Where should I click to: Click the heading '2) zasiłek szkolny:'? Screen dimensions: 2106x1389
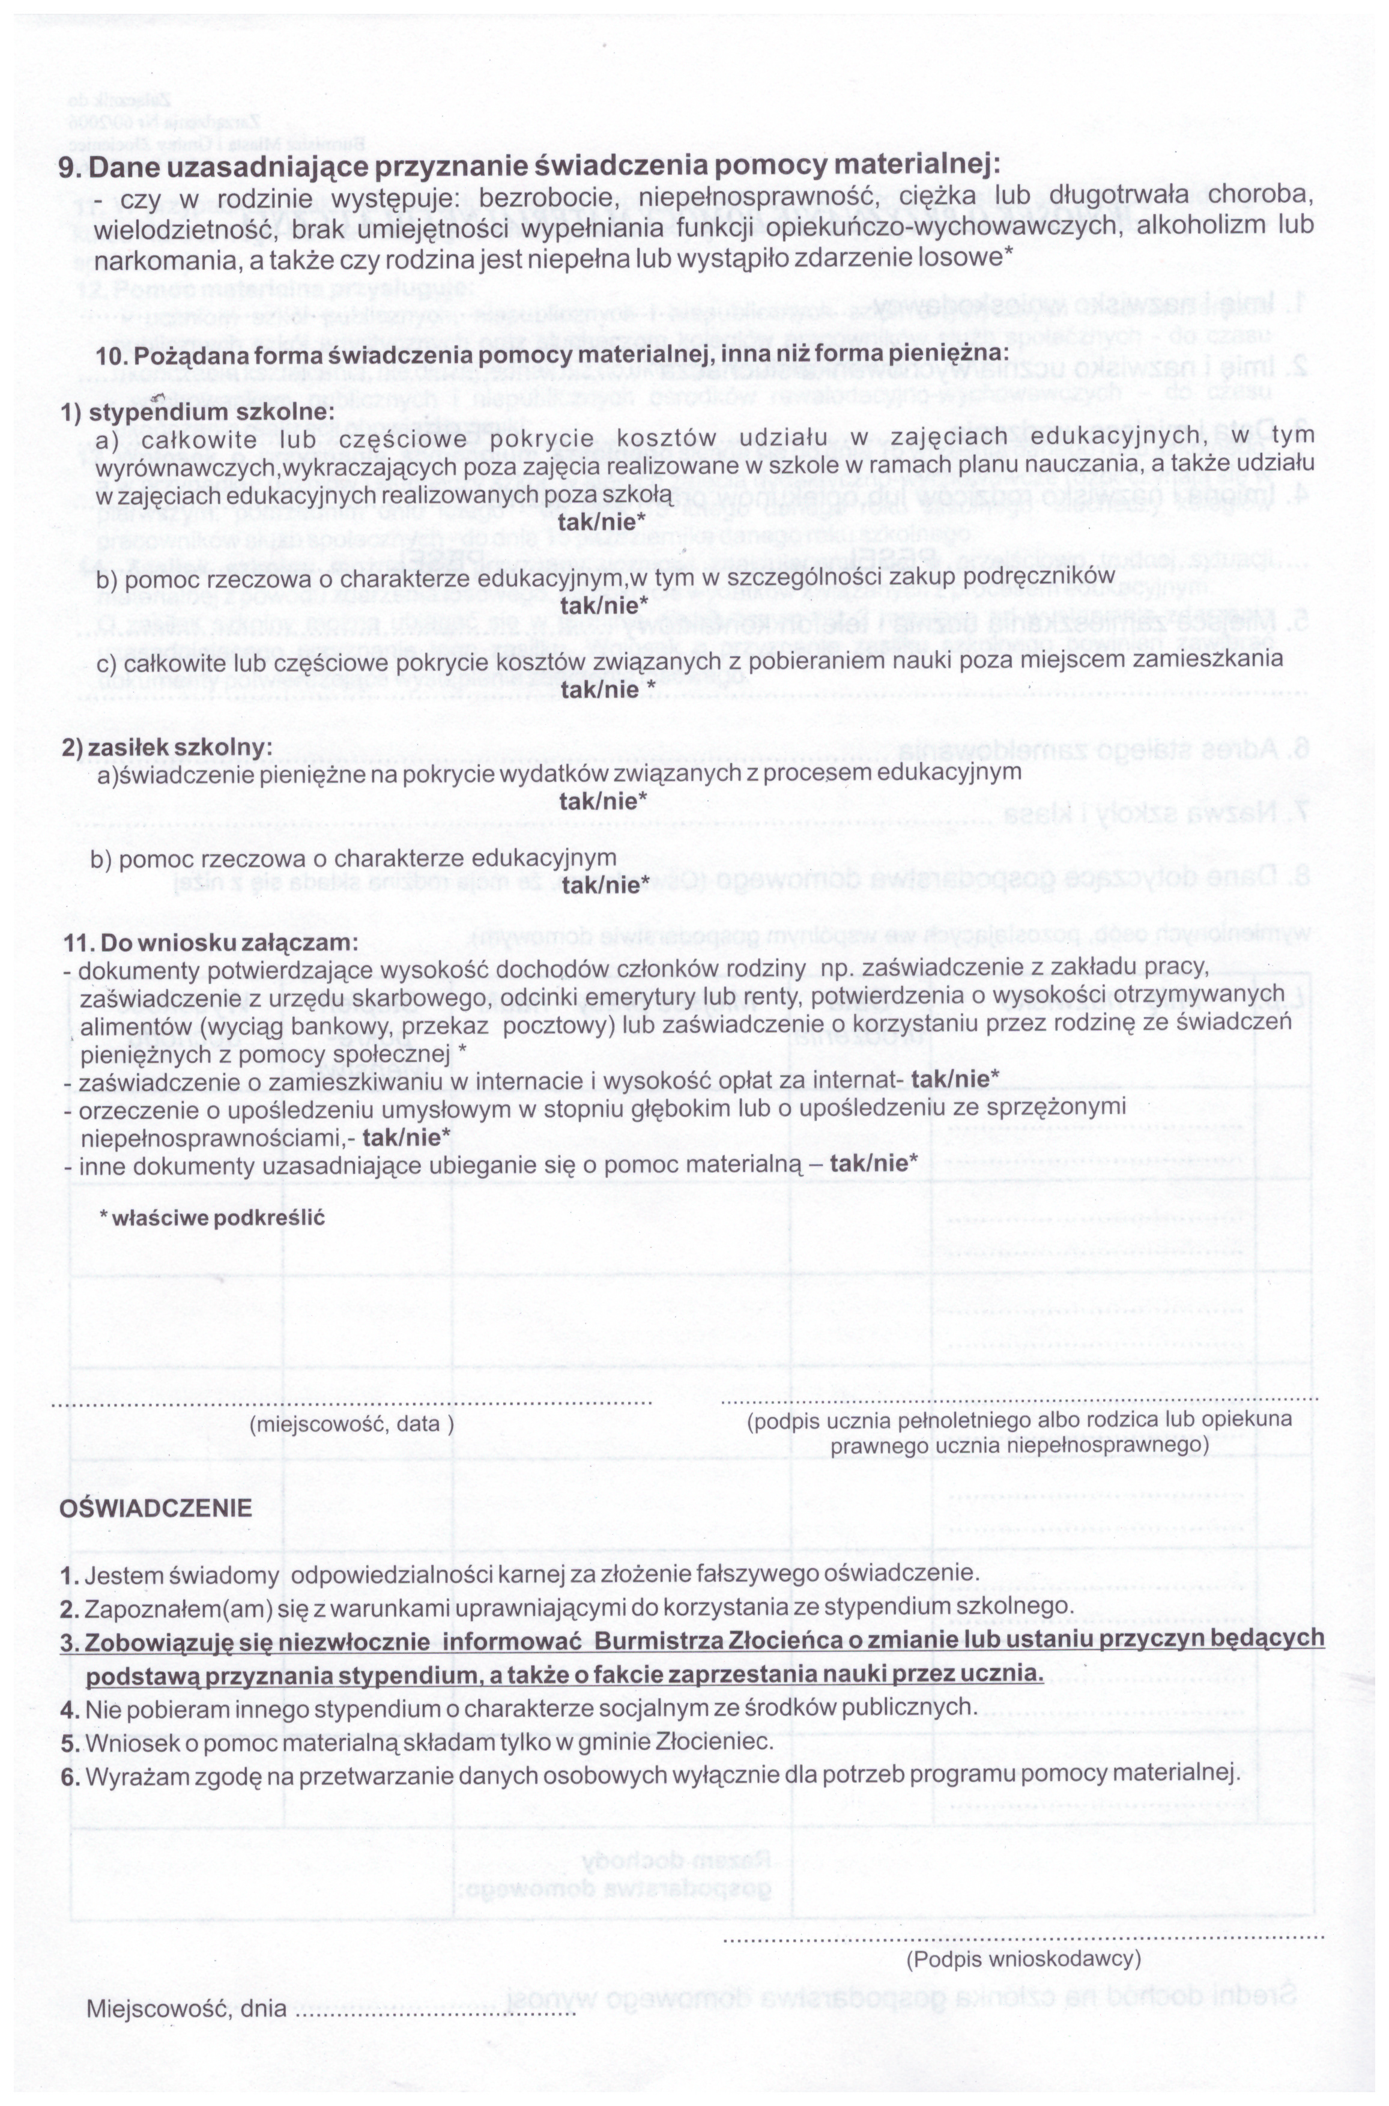tap(166, 746)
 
